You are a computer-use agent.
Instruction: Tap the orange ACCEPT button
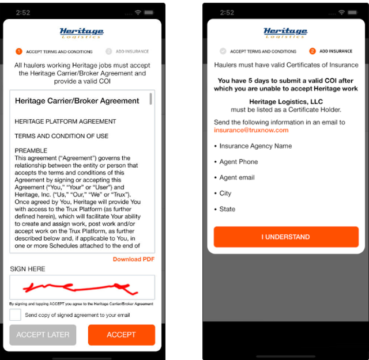(122, 335)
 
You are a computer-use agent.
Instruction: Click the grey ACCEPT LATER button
(43, 335)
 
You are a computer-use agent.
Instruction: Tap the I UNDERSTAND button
(286, 237)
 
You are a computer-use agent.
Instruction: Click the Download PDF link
(134, 259)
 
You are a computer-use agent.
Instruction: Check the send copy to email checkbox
(16, 315)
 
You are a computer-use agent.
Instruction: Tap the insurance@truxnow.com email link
(251, 130)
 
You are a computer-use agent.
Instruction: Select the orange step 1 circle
(19, 51)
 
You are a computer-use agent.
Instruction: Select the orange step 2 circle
(312, 51)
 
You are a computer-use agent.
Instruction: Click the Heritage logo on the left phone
(82, 33)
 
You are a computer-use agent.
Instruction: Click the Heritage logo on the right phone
(285, 32)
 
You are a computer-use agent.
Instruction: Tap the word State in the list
(227, 209)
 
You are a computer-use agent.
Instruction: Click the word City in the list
(225, 194)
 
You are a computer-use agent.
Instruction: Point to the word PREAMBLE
(31, 150)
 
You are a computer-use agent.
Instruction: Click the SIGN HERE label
(28, 269)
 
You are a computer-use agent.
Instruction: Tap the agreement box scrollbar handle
(150, 98)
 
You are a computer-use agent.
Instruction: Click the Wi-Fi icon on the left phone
(138, 12)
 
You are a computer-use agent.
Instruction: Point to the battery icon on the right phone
(352, 13)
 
